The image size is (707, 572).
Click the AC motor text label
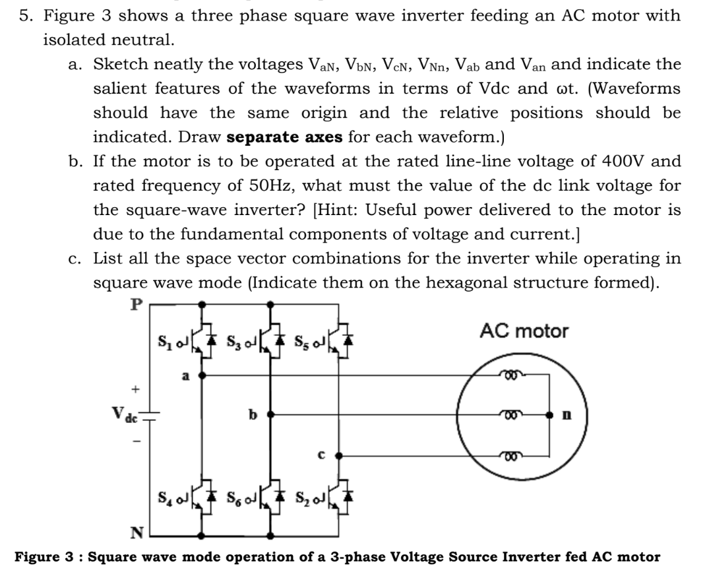524,331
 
